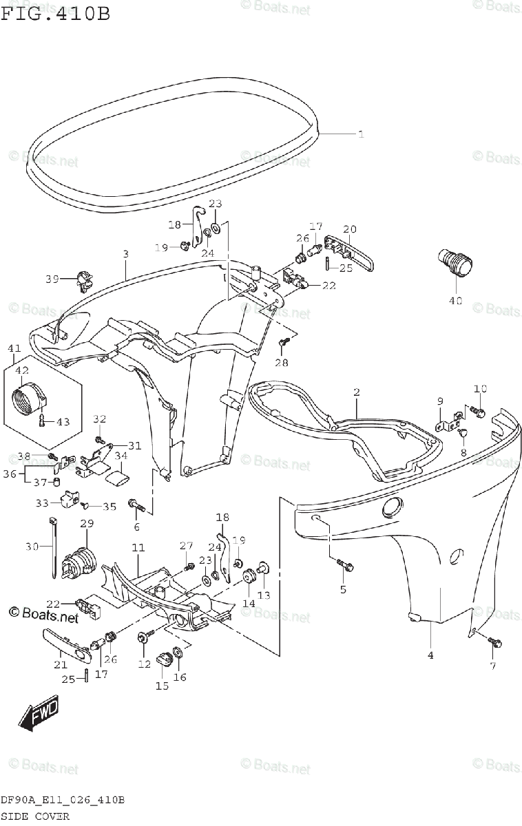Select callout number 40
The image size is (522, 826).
[x=456, y=300]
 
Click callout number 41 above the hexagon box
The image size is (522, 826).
[x=14, y=350]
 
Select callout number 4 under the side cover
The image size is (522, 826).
[x=430, y=655]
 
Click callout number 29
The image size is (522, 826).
[x=86, y=524]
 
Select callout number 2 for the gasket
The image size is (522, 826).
[x=356, y=392]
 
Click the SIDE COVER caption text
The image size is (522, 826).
[x=35, y=816]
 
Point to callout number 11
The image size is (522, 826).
[x=138, y=548]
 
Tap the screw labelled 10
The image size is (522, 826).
[x=476, y=412]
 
